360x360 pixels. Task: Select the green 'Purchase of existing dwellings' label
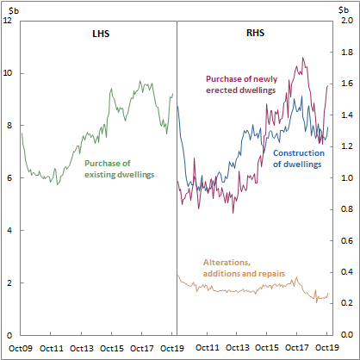pos(119,169)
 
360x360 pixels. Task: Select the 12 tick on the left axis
pos(8,20)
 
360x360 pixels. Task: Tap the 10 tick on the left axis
pos(8,72)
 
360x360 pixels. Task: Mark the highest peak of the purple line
pos(302,58)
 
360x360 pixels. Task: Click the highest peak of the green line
pos(141,82)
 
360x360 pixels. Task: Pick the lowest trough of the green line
pos(58,184)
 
